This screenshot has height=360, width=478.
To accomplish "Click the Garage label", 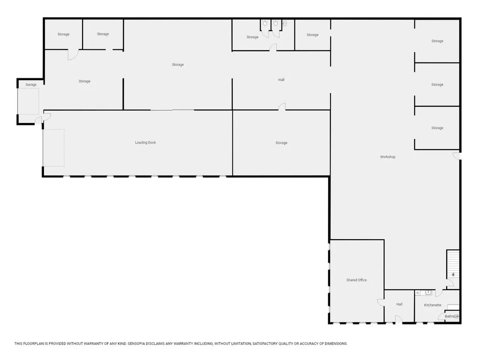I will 31,84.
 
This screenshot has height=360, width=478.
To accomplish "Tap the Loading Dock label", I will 145,142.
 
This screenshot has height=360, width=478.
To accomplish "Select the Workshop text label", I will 387,157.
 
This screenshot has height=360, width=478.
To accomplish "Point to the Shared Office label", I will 356,280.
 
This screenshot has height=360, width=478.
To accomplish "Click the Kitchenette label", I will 432,305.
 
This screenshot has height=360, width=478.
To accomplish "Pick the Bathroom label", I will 451,316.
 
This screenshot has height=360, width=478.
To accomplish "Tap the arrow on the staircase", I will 453,275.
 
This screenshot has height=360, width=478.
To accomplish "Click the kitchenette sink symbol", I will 428,292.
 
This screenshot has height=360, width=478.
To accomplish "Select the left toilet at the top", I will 265,22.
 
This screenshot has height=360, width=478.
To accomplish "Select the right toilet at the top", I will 275,22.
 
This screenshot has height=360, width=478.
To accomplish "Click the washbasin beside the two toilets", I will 284,22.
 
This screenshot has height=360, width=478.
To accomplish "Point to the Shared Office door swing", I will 381,303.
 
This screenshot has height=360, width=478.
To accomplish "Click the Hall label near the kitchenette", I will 399,304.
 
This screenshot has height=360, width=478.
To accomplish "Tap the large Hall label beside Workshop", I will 281,80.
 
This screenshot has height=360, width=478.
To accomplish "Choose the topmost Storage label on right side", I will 437,41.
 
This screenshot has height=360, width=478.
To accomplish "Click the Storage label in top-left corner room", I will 63,34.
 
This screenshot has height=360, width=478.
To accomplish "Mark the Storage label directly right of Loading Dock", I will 281,143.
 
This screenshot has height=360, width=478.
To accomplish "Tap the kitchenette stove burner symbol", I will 418,292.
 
